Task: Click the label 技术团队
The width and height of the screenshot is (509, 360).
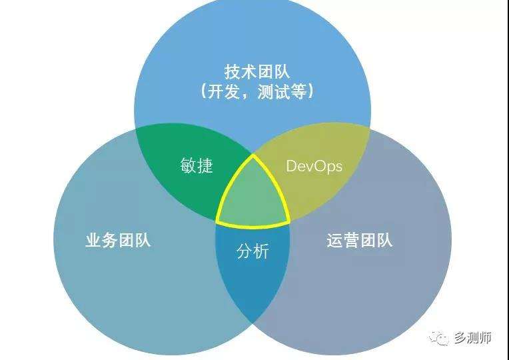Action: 257,71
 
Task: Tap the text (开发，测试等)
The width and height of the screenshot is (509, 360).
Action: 257,92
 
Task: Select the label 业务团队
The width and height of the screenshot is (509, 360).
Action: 118,240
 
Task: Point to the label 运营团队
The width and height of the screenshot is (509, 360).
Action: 360,240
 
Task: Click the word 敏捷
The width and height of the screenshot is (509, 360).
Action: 197,165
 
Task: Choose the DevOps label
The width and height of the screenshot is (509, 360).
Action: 314,165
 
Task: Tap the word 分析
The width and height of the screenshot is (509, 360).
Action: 253,251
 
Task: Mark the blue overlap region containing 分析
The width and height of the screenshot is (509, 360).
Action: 253,280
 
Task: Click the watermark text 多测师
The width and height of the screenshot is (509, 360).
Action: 474,338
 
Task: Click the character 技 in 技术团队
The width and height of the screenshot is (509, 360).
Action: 233,71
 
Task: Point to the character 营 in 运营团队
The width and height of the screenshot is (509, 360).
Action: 352,240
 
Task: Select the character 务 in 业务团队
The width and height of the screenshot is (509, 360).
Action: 110,240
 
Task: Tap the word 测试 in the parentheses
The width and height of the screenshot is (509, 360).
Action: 275,92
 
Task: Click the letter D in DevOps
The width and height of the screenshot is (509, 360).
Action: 290,165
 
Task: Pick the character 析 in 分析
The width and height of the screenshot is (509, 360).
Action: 261,251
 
